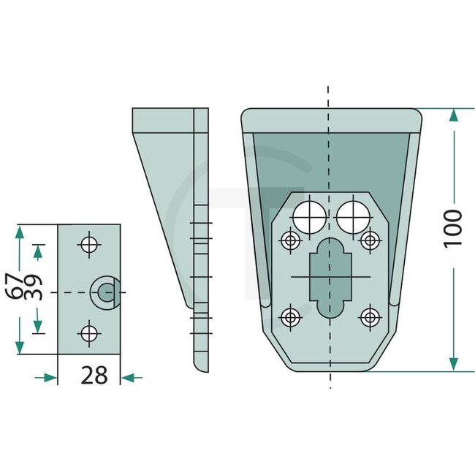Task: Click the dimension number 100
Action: (453, 228)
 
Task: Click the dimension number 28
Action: (94, 376)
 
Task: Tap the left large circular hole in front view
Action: (309, 216)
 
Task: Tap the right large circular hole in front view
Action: (354, 216)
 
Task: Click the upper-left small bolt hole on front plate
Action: (291, 240)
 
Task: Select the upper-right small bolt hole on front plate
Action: (370, 240)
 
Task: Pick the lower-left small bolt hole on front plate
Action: (291, 316)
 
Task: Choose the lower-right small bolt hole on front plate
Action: (370, 316)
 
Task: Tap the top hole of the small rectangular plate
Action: (89, 245)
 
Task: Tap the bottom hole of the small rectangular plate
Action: (89, 334)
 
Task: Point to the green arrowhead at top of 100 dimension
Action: (454, 115)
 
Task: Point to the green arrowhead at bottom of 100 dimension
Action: (454, 363)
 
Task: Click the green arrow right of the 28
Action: (131, 377)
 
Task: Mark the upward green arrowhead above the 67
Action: (19, 234)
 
